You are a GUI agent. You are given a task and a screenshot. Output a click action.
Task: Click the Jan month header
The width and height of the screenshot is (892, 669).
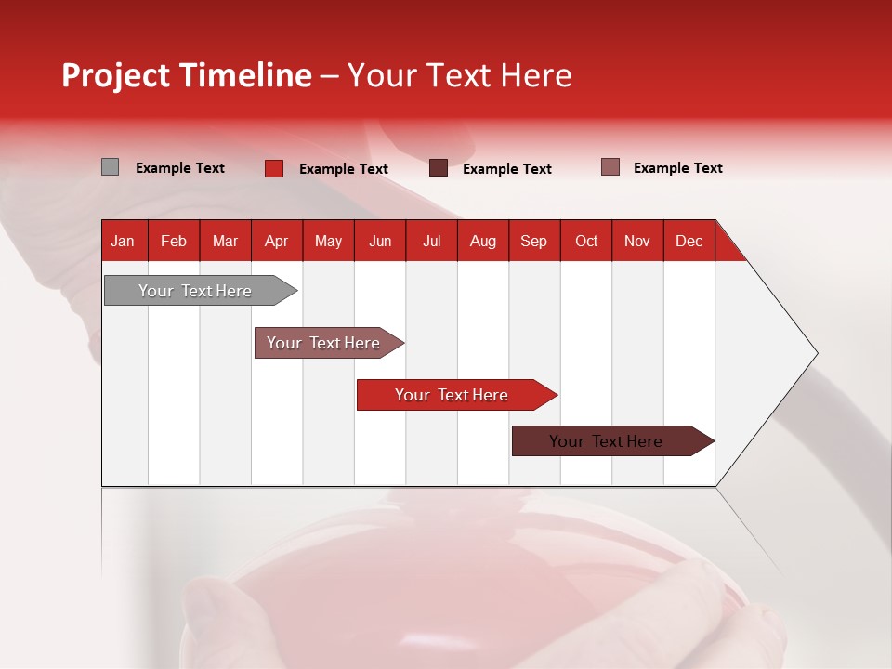(123, 241)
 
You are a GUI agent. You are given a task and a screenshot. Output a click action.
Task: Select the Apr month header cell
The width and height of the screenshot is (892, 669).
(277, 241)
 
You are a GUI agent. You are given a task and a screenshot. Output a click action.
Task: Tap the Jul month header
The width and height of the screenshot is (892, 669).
(431, 241)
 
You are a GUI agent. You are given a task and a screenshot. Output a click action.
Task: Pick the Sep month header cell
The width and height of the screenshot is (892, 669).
(533, 241)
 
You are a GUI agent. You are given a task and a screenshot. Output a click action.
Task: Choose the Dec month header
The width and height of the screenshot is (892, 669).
(689, 241)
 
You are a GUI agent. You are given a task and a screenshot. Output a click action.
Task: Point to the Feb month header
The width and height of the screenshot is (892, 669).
(174, 241)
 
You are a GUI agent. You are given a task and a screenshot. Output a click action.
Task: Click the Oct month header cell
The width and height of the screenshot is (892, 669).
(585, 241)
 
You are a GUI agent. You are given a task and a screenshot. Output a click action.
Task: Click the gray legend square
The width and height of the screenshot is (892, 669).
(110, 167)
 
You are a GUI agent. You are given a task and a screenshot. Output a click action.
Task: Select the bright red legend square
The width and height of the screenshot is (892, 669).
(274, 168)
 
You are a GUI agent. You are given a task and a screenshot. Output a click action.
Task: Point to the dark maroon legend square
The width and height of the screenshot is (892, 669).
(439, 168)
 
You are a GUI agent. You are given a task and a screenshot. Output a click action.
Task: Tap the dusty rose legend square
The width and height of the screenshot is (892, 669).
(610, 167)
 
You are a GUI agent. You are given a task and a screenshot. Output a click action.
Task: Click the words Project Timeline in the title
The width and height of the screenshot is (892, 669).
(187, 75)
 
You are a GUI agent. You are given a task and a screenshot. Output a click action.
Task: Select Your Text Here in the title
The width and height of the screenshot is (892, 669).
(459, 75)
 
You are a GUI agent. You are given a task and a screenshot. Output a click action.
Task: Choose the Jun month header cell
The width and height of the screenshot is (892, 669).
(380, 241)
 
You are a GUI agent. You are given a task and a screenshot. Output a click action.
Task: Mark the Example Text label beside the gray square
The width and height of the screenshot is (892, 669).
(180, 168)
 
